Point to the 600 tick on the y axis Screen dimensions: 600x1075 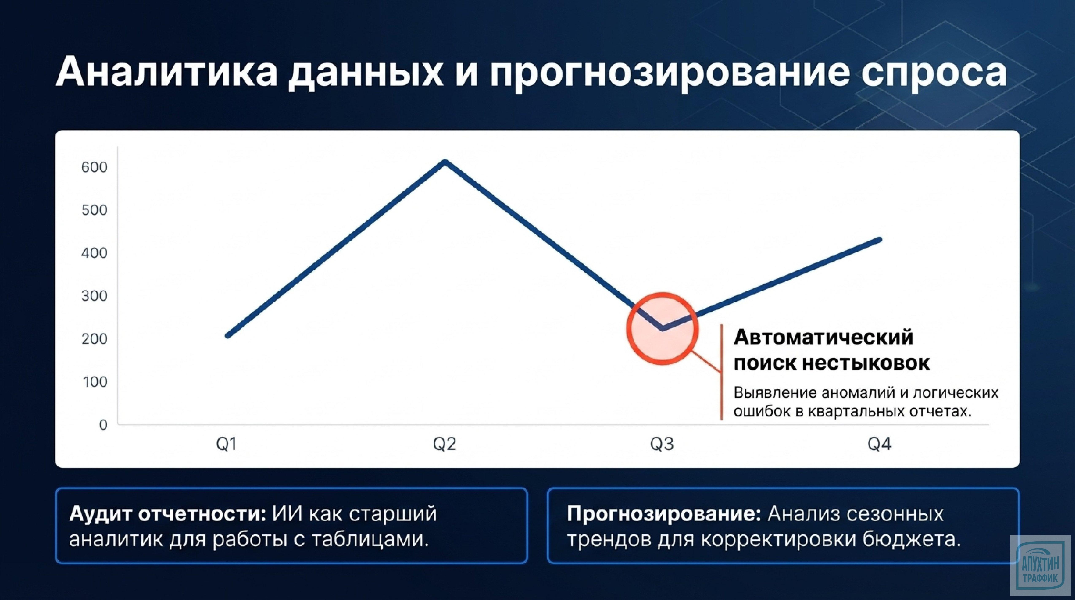click(94, 167)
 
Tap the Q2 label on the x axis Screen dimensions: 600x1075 click(444, 444)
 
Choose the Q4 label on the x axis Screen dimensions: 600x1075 click(879, 444)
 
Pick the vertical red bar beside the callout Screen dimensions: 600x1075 click(721, 371)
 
